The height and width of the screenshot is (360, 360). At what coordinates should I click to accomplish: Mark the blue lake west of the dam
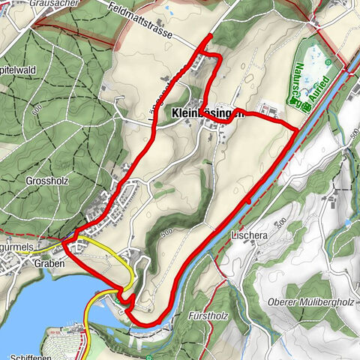click(x=37, y=307)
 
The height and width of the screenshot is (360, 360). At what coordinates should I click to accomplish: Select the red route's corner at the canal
click(x=298, y=130)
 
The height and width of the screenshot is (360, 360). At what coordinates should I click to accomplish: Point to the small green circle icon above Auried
click(x=328, y=61)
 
